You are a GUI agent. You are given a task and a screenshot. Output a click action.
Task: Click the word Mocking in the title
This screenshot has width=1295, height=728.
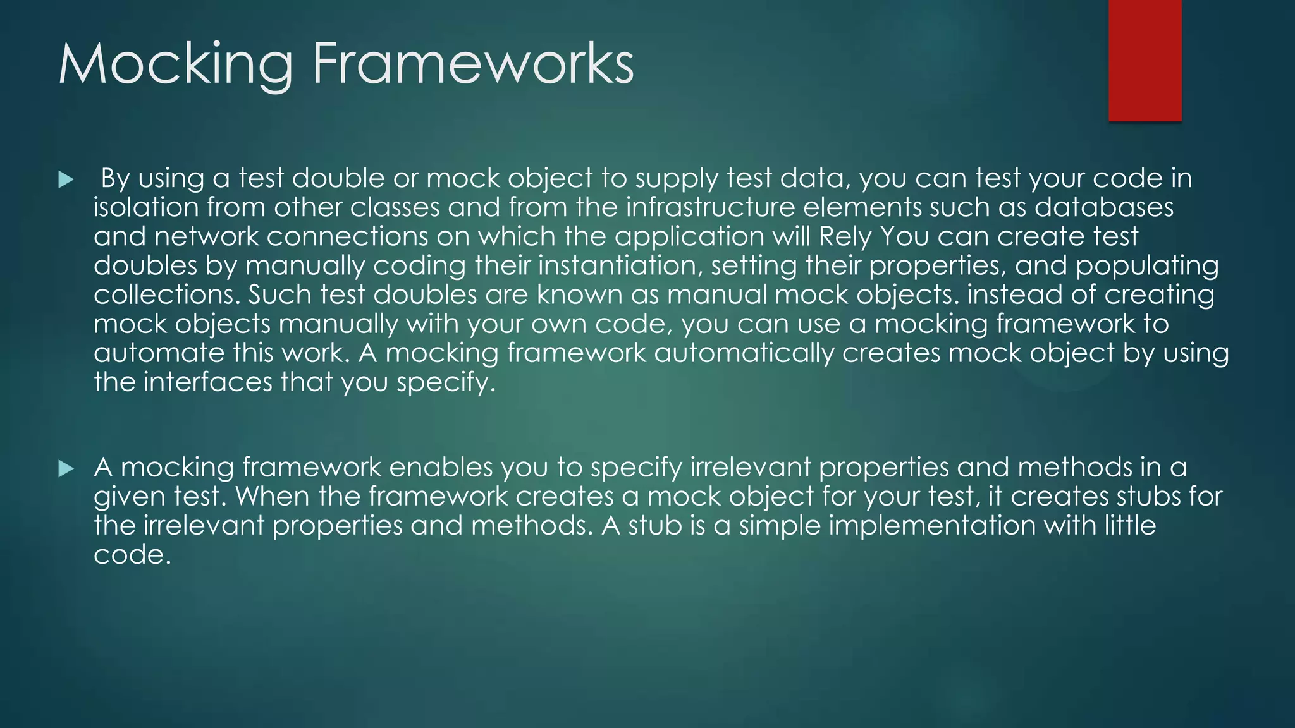click(176, 64)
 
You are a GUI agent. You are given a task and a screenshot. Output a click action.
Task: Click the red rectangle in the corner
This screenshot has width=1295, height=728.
click(1145, 60)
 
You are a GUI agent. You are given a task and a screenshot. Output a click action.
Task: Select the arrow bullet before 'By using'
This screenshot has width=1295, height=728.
click(65, 180)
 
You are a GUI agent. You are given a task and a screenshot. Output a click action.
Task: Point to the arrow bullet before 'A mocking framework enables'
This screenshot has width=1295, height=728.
click(65, 469)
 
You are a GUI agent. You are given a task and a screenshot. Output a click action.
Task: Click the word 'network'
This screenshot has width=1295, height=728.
click(206, 236)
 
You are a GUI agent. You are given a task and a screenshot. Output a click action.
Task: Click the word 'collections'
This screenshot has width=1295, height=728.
click(166, 294)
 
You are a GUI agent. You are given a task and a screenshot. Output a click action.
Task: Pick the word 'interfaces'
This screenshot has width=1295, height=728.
click(208, 382)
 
